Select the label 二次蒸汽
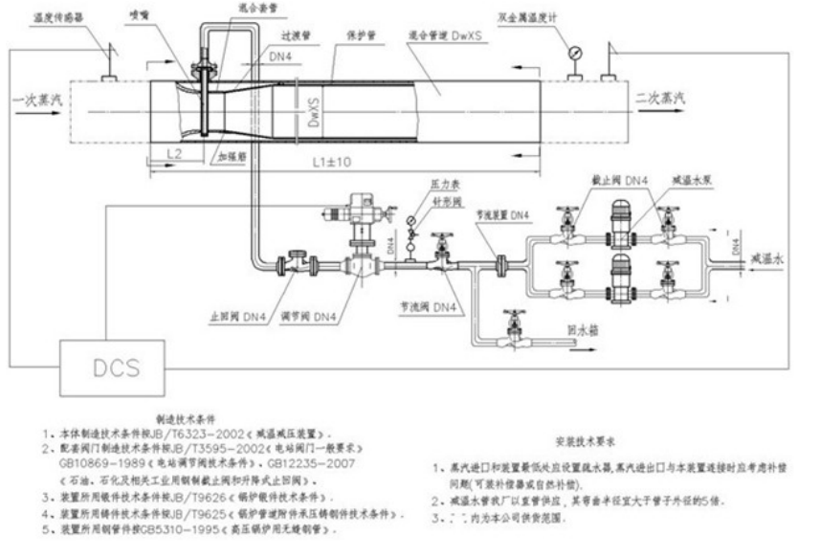click(x=659, y=98)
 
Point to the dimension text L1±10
click(x=330, y=163)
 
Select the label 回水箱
click(x=584, y=328)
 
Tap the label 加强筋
click(x=232, y=153)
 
